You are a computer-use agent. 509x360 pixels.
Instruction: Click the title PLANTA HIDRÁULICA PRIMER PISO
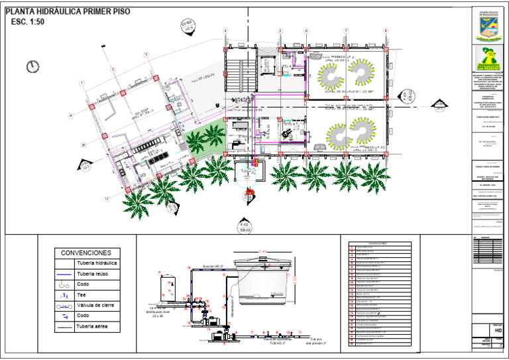click(x=68, y=12)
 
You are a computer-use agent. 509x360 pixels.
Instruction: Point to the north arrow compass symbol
click(x=31, y=66)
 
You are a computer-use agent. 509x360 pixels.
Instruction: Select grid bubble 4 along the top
click(x=226, y=31)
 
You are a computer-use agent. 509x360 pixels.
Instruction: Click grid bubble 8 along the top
click(x=386, y=31)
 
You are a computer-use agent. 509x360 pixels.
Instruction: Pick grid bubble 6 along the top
click(x=306, y=31)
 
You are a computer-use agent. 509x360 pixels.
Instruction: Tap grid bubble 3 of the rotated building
click(x=113, y=70)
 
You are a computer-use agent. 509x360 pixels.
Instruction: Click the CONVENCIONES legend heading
click(x=86, y=253)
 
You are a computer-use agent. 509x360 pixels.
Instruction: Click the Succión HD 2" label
click(x=213, y=265)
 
